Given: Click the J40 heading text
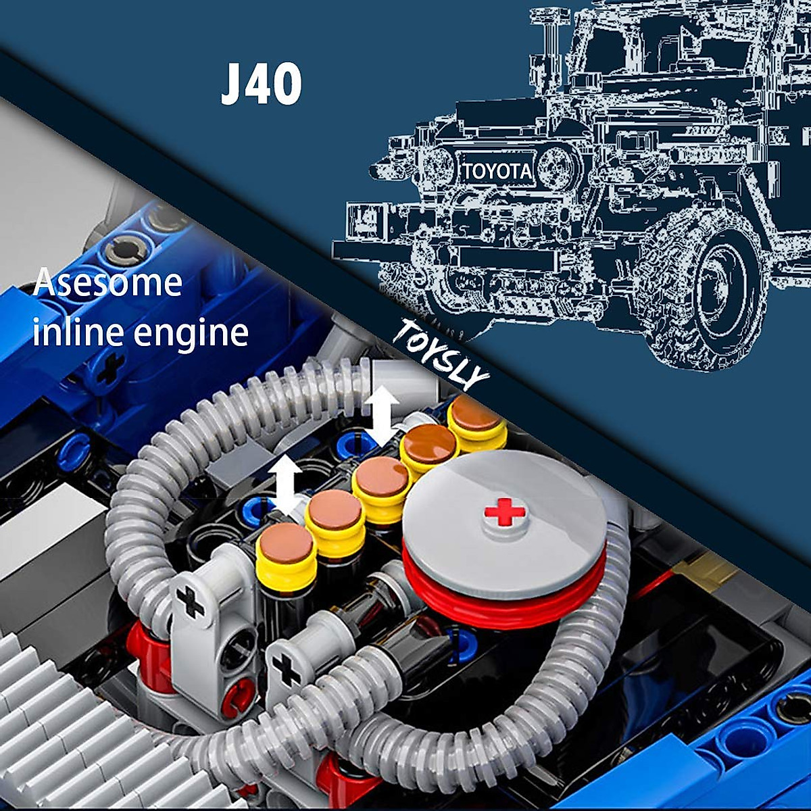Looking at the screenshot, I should click(x=261, y=86).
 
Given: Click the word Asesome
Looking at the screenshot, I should click(x=108, y=282).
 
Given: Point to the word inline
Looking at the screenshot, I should click(x=74, y=333).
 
